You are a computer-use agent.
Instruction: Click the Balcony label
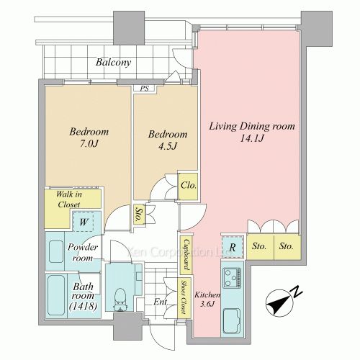113,62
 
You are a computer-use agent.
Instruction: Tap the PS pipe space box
145,89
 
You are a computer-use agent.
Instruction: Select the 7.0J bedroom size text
89,144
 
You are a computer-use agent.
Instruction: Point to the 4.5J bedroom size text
168,146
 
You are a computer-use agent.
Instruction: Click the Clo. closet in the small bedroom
188,186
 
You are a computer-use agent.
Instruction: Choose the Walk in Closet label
69,199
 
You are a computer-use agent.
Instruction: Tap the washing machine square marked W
83,222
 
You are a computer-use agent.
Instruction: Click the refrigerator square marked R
233,247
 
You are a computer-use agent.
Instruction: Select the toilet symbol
120,300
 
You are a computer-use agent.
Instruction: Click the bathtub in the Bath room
56,295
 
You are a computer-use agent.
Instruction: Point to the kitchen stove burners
232,278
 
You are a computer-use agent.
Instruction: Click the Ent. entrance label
161,302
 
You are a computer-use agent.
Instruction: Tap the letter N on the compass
297,291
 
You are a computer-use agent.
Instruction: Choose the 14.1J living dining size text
252,138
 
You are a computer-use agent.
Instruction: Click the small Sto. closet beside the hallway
138,215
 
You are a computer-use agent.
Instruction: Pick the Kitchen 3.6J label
207,300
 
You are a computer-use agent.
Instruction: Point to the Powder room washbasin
56,251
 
